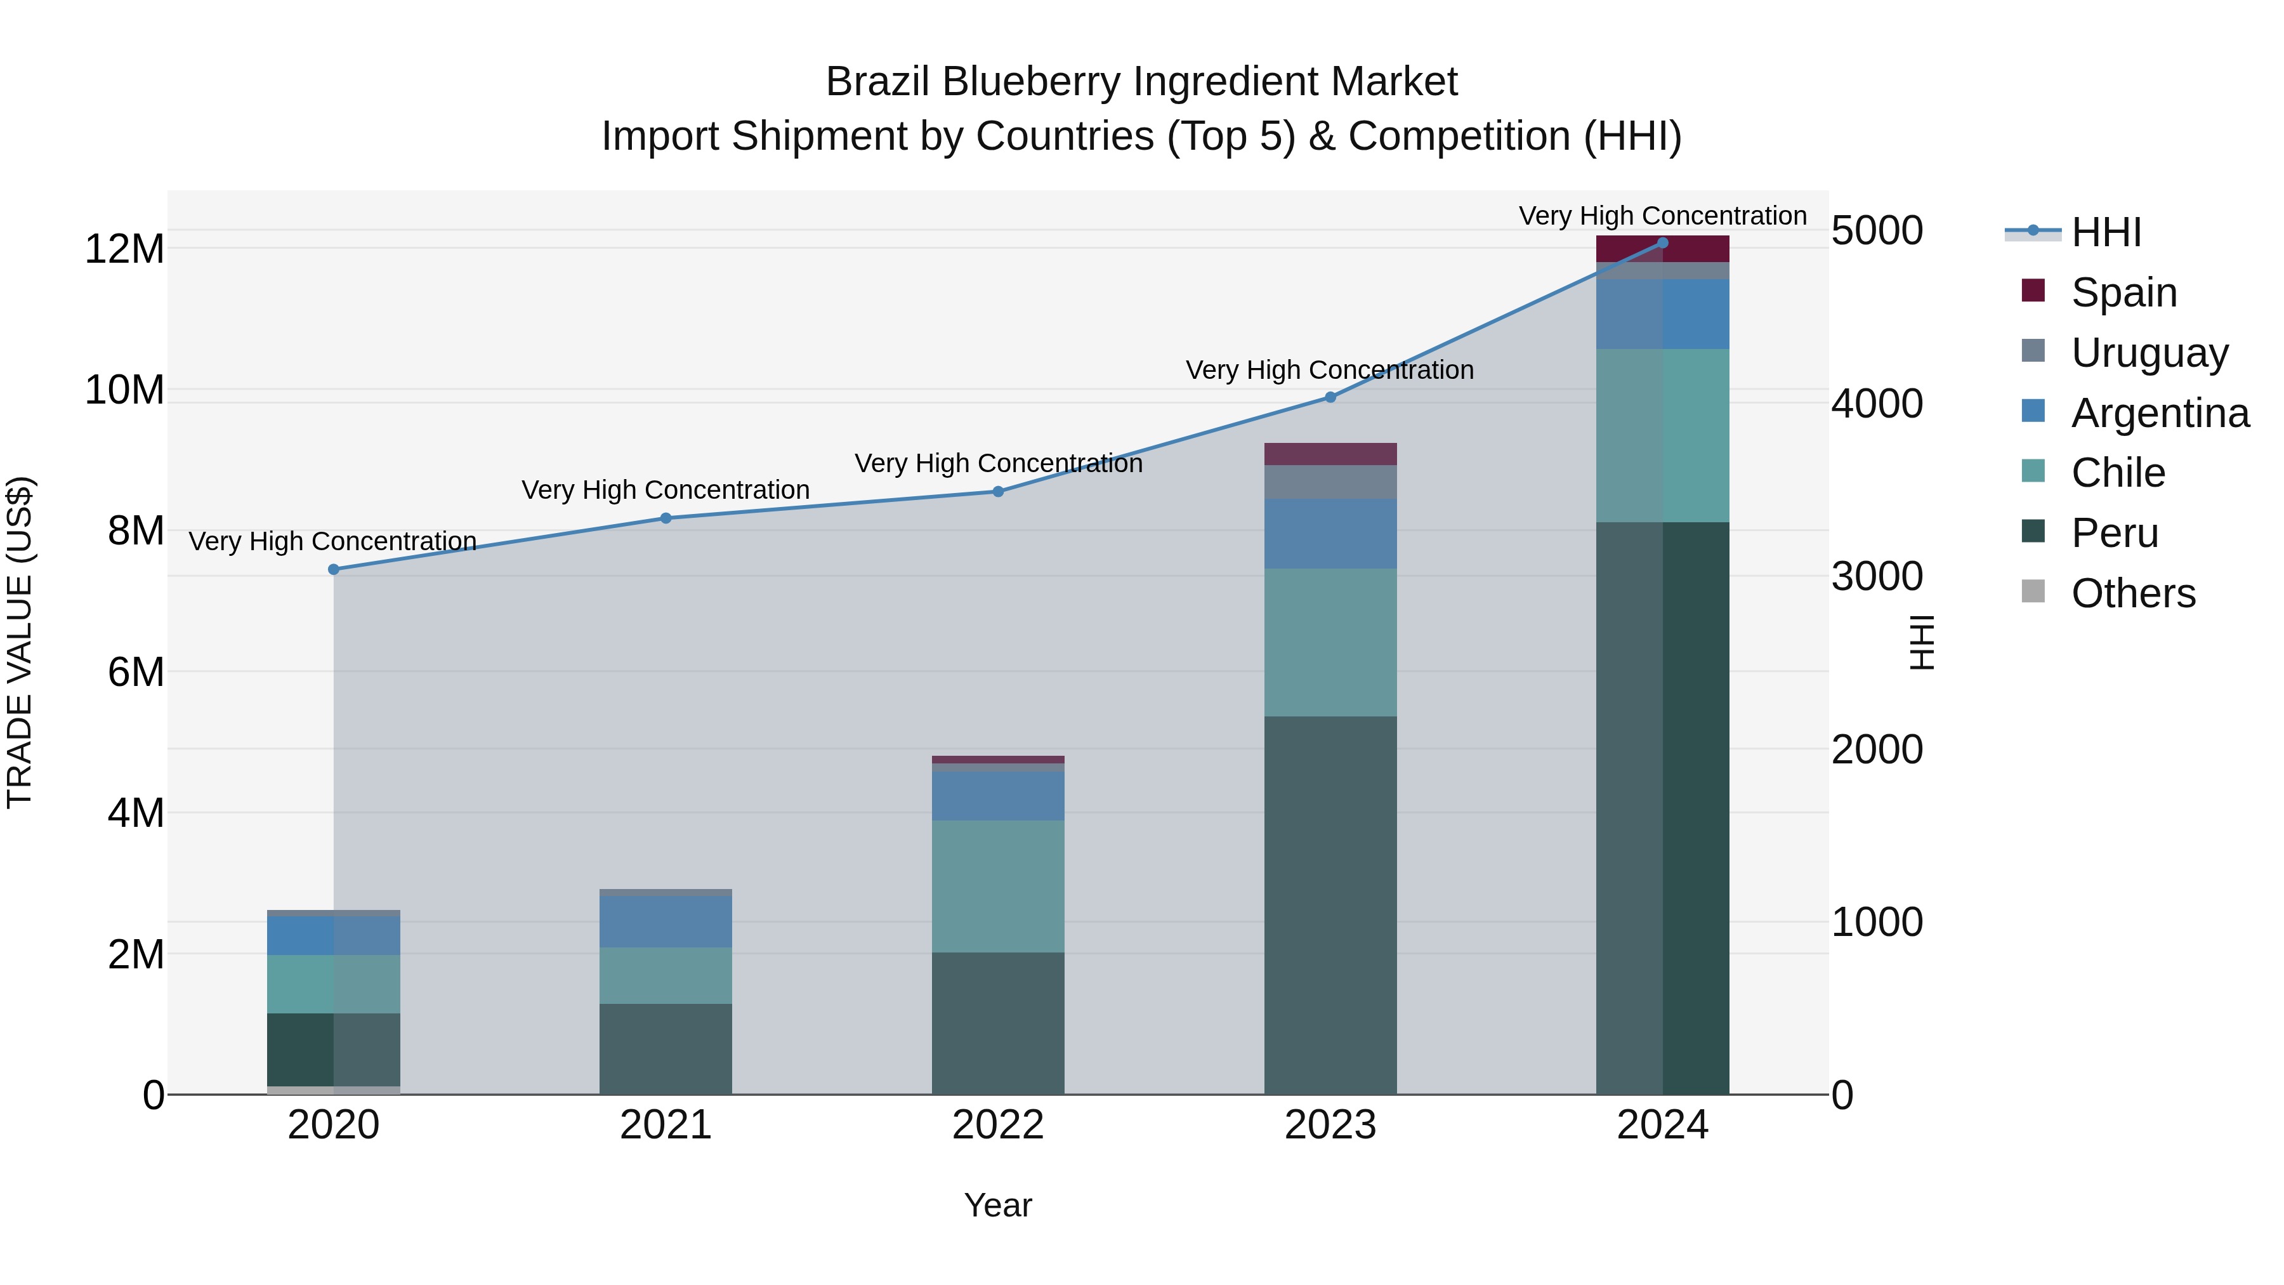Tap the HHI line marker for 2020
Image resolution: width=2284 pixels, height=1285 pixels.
333,569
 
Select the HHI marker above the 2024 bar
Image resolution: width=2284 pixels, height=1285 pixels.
1662,243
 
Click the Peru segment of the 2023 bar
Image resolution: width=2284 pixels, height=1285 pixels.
1330,904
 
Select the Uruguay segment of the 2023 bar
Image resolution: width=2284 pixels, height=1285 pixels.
1330,482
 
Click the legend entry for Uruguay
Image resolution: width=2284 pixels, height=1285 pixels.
2149,353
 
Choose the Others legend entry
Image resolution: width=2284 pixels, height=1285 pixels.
2132,593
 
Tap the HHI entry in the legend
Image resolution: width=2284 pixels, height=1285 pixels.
2106,232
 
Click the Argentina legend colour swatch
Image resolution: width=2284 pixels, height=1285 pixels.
2033,411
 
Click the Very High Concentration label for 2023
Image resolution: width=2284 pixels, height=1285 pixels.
1329,370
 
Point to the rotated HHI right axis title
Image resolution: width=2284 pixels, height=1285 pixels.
1920,642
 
